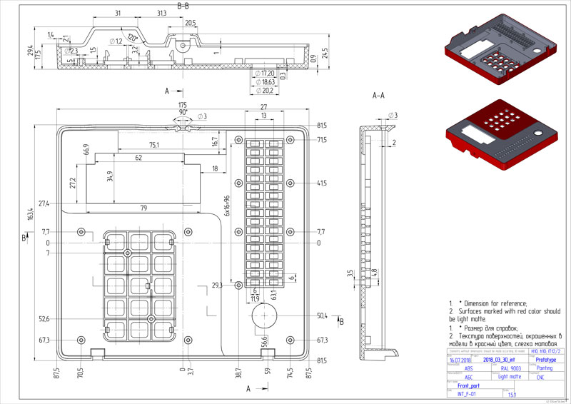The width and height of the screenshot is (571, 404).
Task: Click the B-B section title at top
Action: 183,6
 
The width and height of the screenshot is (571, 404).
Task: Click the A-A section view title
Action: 379,95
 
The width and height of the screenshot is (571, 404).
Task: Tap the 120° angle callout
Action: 132,37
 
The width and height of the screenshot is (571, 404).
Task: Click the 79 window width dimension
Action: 143,208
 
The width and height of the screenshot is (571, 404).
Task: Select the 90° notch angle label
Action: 183,112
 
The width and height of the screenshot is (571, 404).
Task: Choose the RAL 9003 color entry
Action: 510,368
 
